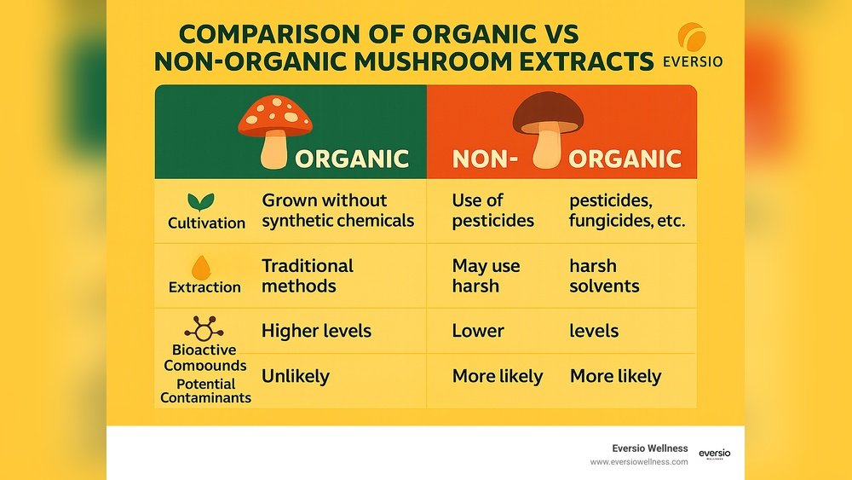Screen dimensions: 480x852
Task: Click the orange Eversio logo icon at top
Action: (692, 39)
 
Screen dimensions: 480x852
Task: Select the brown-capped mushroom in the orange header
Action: (548, 128)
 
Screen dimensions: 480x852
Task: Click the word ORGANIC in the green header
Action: (352, 159)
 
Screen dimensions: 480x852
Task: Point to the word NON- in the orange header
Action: (485, 159)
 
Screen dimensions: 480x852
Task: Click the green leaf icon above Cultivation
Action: (200, 202)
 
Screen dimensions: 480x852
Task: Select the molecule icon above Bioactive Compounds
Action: (204, 329)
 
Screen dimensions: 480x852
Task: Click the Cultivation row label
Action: (206, 223)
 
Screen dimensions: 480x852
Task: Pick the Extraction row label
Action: (204, 287)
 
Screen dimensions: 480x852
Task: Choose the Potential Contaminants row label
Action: (205, 390)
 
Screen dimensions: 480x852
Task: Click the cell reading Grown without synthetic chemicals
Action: (337, 211)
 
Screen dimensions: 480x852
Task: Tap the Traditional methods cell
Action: (307, 275)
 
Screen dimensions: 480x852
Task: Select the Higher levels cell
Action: (316, 331)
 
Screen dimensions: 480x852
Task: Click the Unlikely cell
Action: (295, 376)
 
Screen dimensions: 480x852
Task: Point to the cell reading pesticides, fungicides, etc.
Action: (627, 211)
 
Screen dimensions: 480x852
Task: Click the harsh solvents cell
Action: (603, 275)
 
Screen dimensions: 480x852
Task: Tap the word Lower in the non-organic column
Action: (478, 331)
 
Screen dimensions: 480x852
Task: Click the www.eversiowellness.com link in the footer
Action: (639, 461)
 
